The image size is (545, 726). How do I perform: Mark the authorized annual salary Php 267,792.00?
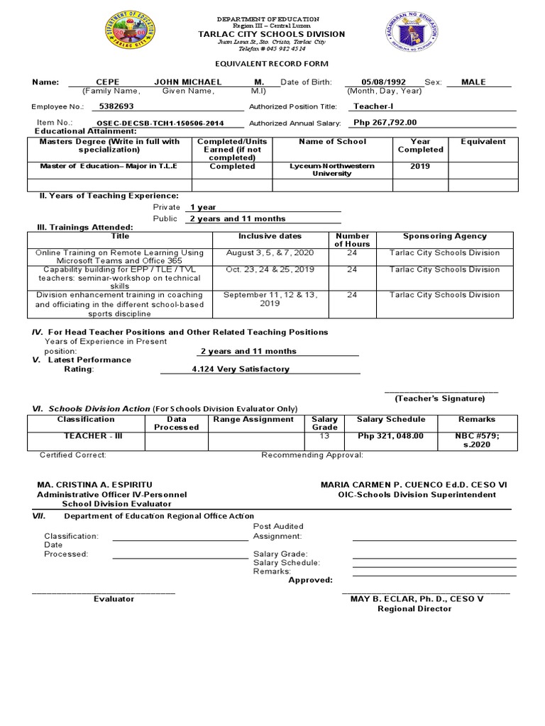click(385, 123)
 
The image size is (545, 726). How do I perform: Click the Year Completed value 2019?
click(420, 167)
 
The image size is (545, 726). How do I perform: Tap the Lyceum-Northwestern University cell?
click(331, 169)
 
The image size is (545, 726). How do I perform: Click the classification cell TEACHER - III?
click(86, 436)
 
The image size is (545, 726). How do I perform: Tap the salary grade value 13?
click(324, 436)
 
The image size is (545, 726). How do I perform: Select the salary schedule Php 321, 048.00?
click(390, 437)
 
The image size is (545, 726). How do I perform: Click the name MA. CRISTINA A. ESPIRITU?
click(94, 484)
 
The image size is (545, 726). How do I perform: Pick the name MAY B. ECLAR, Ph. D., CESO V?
click(417, 599)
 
